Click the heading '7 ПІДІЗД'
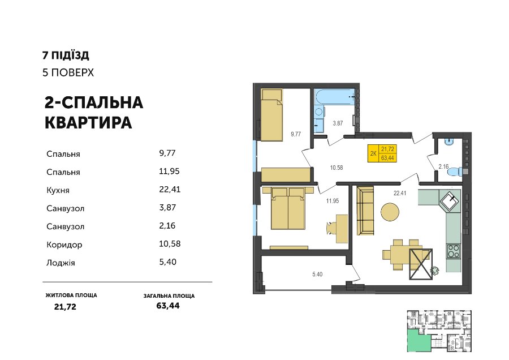(66, 55)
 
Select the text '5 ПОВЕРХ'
(68, 72)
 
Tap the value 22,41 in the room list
(170, 190)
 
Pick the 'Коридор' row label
(64, 245)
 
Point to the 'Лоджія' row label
(61, 263)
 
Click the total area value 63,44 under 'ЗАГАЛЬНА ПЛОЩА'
(168, 306)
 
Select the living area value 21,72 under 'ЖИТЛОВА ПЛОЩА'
(65, 307)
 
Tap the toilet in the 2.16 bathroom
(455, 172)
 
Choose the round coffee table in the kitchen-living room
(390, 212)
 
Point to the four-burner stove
(454, 251)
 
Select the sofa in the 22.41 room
(365, 211)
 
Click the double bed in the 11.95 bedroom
(288, 208)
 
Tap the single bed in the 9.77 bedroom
(271, 115)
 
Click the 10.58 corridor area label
(337, 168)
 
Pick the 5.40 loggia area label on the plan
(317, 274)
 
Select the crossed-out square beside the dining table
(421, 264)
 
